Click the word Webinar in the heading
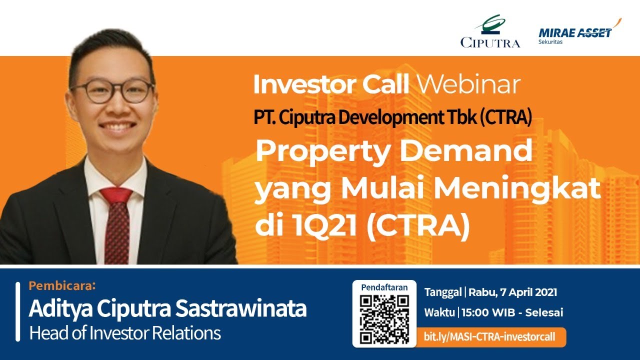tap(468, 85)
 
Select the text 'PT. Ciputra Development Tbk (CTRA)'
tap(391, 117)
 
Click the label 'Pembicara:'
tap(61, 286)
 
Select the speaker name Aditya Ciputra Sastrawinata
tap(167, 309)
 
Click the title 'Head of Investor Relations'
tap(125, 333)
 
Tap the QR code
tap(384, 319)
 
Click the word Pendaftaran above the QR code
tap(384, 287)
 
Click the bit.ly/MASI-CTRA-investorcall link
tap(489, 337)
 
